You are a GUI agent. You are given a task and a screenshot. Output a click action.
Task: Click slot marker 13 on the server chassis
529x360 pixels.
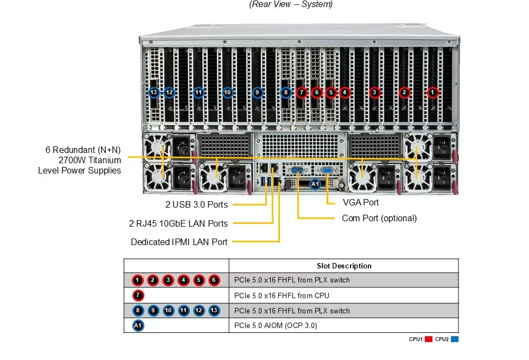pyautogui.click(x=154, y=93)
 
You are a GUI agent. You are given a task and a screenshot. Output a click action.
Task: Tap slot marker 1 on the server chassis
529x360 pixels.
pyautogui.click(x=432, y=93)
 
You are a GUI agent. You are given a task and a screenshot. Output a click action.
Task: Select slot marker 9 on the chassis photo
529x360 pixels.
pyautogui.click(x=257, y=93)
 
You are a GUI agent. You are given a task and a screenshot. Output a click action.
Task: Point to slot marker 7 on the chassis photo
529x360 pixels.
pyautogui.click(x=302, y=93)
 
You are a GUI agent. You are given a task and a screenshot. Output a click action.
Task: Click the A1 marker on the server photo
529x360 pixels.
pyautogui.click(x=315, y=184)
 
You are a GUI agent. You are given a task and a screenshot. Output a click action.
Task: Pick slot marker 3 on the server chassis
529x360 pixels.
pyautogui.click(x=374, y=93)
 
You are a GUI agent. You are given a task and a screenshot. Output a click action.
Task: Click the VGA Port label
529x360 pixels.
pyautogui.click(x=361, y=202)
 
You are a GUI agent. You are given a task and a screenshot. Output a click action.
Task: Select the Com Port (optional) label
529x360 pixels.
pyautogui.click(x=379, y=218)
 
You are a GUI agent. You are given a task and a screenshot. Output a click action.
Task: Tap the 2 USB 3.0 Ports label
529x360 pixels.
pyautogui.click(x=196, y=204)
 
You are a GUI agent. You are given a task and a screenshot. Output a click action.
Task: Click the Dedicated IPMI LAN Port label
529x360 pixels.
pyautogui.click(x=179, y=242)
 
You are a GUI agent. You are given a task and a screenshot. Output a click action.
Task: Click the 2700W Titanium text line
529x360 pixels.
pyautogui.click(x=90, y=160)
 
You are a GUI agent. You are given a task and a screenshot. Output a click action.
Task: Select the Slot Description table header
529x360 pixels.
pyautogui.click(x=344, y=266)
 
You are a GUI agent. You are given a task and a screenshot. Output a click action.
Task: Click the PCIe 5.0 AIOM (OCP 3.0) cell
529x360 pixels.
pyautogui.click(x=276, y=326)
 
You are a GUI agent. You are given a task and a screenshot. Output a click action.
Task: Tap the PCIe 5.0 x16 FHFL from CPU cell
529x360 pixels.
pyautogui.click(x=282, y=295)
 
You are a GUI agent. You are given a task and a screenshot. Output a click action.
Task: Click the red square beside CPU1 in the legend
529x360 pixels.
pyautogui.click(x=428, y=339)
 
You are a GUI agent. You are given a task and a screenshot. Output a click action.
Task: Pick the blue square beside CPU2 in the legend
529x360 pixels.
pyautogui.click(x=455, y=339)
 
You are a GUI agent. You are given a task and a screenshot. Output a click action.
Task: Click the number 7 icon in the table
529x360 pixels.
pyautogui.click(x=138, y=295)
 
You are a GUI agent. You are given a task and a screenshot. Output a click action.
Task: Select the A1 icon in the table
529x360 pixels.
pyautogui.click(x=138, y=326)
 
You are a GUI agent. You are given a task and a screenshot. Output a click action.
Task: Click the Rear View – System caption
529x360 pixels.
pyautogui.click(x=291, y=4)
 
